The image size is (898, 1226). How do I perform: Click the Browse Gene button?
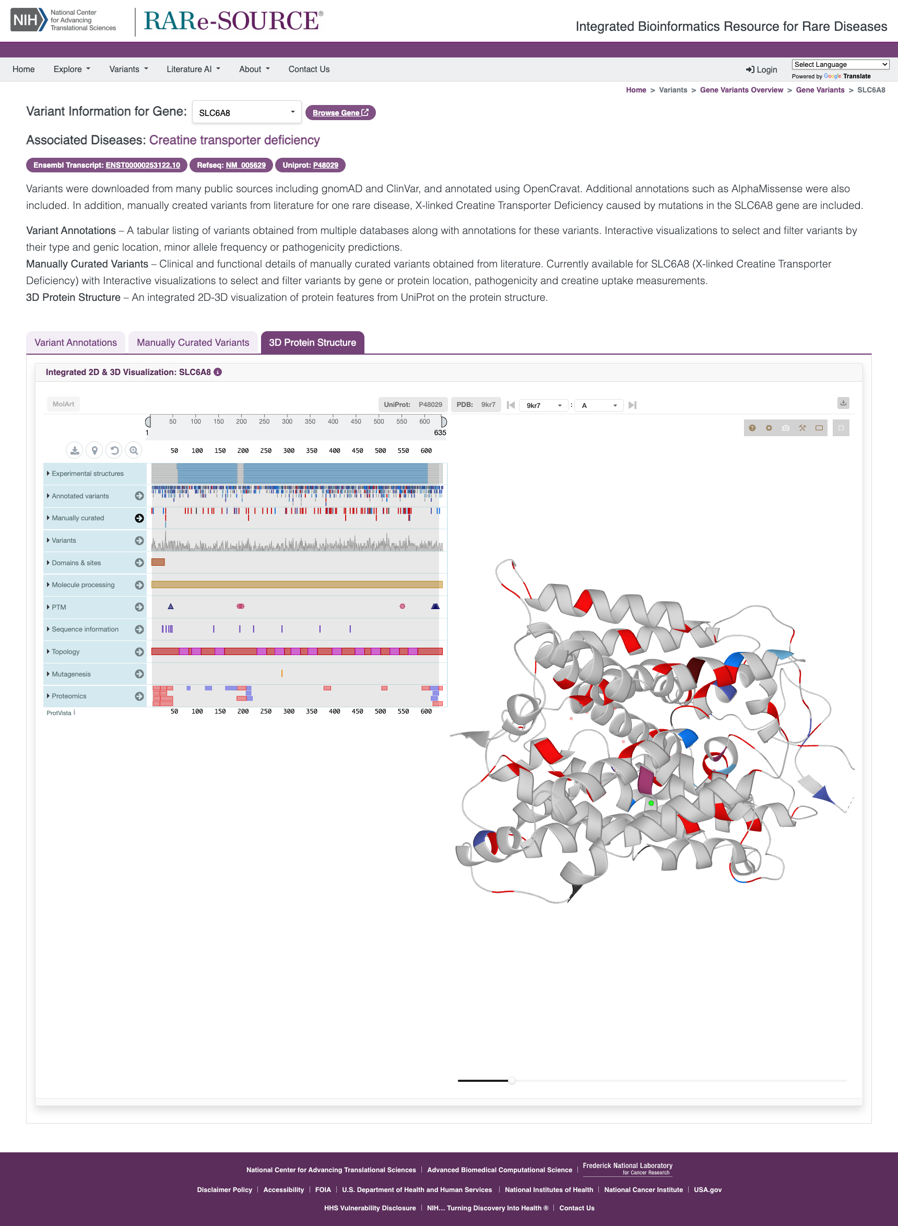pyautogui.click(x=340, y=113)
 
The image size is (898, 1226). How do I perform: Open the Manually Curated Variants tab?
pyautogui.click(x=193, y=343)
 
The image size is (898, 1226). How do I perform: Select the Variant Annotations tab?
pyautogui.click(x=76, y=343)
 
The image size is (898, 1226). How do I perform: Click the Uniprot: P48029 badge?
pyautogui.click(x=310, y=165)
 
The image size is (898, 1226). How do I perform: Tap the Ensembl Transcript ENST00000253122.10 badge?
pyautogui.click(x=107, y=165)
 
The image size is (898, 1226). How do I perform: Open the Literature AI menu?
pyautogui.click(x=193, y=69)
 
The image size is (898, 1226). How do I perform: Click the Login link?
pyautogui.click(x=762, y=69)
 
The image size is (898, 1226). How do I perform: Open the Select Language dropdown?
pyautogui.click(x=840, y=64)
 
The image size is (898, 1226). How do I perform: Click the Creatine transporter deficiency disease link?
pyautogui.click(x=234, y=140)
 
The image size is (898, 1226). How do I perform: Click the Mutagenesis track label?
pyautogui.click(x=70, y=674)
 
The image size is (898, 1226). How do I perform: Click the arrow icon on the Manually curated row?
pyautogui.click(x=139, y=518)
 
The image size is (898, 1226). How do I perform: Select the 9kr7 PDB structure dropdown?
pyautogui.click(x=543, y=405)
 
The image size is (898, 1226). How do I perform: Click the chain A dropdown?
pyautogui.click(x=598, y=405)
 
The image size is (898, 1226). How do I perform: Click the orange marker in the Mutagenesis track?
pyautogui.click(x=281, y=673)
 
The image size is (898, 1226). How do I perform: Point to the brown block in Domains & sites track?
pyautogui.click(x=158, y=562)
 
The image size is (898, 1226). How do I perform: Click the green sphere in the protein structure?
pyautogui.click(x=651, y=803)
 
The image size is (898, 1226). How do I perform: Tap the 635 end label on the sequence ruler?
pyautogui.click(x=440, y=433)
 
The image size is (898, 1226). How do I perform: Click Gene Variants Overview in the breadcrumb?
pyautogui.click(x=741, y=90)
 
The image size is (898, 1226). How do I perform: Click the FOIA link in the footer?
pyautogui.click(x=323, y=1189)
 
